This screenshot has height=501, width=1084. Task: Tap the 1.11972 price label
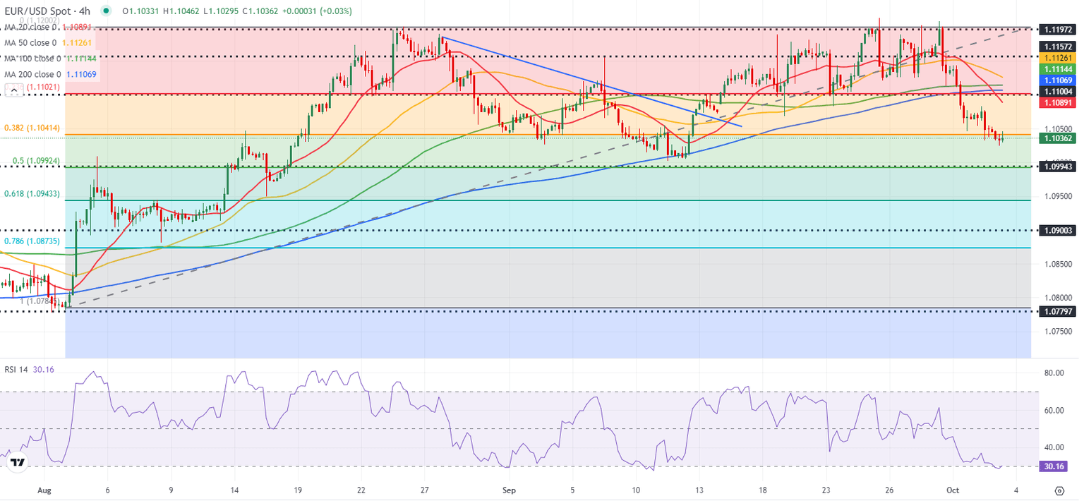pos(1059,30)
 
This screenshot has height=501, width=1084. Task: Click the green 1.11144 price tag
pos(1059,69)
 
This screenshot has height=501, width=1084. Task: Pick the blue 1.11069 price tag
pos(1059,80)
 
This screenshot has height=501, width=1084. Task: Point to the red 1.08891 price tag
pos(1059,102)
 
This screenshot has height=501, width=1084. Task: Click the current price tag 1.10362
pos(1059,138)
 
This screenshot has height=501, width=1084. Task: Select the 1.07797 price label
pos(1059,310)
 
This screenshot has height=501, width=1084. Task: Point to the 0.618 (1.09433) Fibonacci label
pos(32,193)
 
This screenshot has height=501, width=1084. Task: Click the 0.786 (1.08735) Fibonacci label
pos(32,241)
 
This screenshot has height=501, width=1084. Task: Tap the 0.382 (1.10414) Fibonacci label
pos(32,128)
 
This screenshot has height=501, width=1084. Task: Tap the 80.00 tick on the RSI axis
pos(1054,373)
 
